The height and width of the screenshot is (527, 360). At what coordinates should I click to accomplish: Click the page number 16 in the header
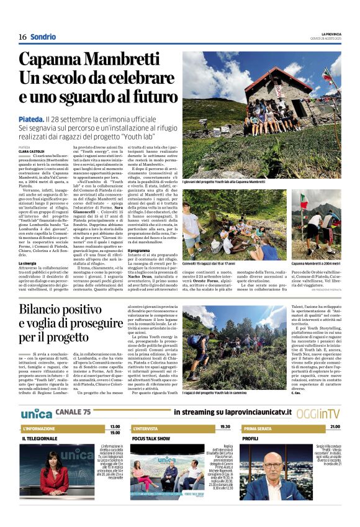click(x=22, y=37)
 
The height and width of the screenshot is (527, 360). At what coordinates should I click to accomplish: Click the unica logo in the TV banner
click(x=36, y=412)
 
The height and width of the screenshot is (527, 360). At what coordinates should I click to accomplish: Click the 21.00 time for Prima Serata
click(x=335, y=427)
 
